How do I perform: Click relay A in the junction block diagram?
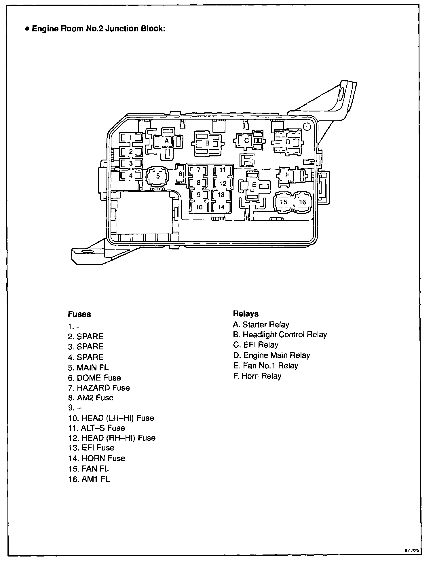[166, 141]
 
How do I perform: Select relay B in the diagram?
[207, 143]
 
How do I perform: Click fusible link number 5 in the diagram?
[158, 176]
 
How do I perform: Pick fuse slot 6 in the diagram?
[181, 174]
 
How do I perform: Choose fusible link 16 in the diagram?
[302, 202]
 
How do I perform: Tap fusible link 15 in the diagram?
[284, 202]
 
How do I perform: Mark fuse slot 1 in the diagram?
[131, 138]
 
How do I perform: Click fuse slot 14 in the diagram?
[221, 207]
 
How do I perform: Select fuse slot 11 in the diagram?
[223, 170]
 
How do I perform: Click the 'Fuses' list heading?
[79, 314]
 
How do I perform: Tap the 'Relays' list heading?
[246, 314]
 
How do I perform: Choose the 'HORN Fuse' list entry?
[97, 458]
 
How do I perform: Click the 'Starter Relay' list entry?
[261, 325]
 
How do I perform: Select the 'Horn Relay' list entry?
[257, 376]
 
